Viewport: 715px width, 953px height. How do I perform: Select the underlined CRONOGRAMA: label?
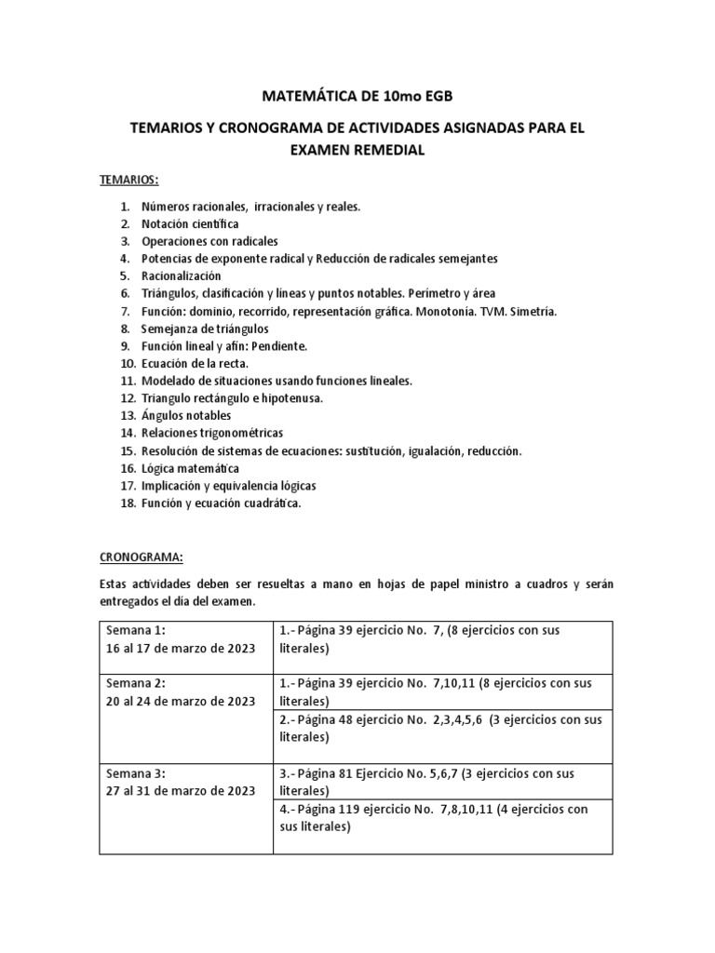[142, 557]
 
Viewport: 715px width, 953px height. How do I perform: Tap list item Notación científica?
[190, 223]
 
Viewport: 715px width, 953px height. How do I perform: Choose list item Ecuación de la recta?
[196, 363]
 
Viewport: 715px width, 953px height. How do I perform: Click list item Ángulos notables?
[186, 415]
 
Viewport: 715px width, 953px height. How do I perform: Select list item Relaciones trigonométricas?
[212, 433]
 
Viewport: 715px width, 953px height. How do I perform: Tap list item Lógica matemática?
[190, 468]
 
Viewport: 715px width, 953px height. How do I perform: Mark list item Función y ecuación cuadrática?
[222, 503]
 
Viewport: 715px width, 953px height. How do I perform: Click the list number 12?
[128, 398]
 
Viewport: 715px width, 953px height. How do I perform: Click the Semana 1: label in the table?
[136, 631]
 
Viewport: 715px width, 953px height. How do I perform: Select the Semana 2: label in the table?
[136, 683]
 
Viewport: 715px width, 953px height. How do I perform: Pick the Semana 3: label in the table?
[136, 773]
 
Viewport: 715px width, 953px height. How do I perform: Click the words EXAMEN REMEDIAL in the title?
[357, 150]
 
